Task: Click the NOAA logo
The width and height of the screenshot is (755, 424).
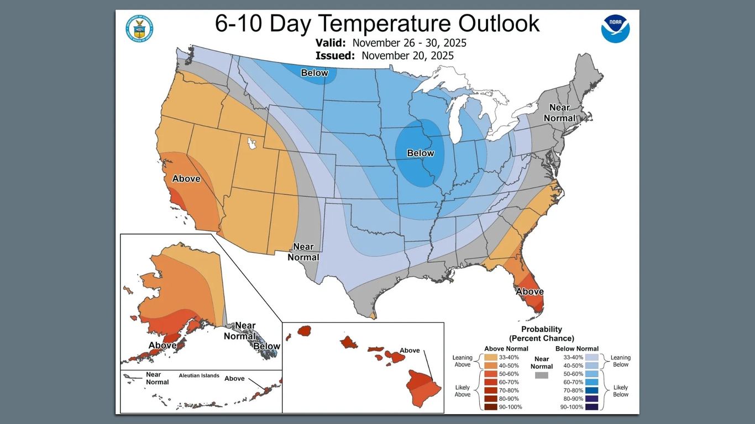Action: pos(615,29)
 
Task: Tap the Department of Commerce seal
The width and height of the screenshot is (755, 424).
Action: pos(139,29)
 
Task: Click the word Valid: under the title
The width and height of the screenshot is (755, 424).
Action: pos(331,43)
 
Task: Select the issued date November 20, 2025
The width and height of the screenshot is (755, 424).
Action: pos(407,55)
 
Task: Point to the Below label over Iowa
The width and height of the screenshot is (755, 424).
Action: pos(420,153)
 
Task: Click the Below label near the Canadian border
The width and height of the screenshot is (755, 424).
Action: pos(314,73)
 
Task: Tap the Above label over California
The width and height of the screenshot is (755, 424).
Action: pos(186,178)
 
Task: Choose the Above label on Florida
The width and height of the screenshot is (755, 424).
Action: pos(529,291)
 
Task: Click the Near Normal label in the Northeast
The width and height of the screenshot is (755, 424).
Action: pos(559,113)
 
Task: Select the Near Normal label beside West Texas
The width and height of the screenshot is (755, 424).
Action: pos(303,252)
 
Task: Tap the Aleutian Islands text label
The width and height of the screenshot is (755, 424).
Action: pos(198,375)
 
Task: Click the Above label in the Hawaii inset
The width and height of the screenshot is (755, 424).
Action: pos(410,350)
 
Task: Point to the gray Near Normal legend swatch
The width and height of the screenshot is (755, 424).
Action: pos(542,375)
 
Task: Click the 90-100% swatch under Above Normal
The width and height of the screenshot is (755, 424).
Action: pos(491,407)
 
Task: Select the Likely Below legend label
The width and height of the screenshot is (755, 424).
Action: pos(621,391)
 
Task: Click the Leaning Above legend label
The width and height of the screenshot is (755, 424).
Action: pos(462,361)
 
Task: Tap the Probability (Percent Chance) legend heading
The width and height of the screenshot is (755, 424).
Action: pos(541,333)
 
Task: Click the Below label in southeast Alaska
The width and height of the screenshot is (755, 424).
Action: pos(266,346)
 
